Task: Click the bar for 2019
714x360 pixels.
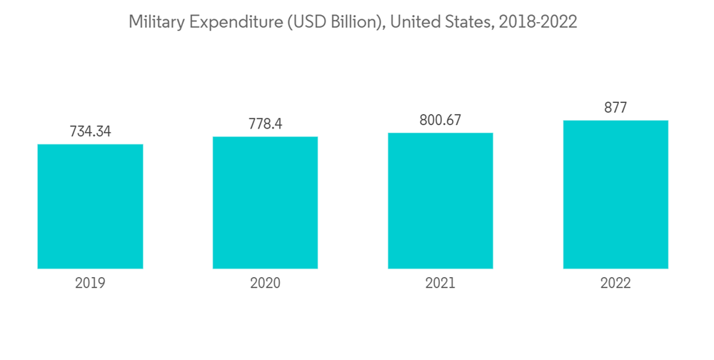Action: click(x=90, y=206)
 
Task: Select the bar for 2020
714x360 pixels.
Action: click(x=265, y=203)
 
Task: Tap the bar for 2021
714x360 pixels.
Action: click(x=441, y=201)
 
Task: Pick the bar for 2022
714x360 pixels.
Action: click(x=615, y=194)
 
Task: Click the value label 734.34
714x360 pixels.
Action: click(x=90, y=132)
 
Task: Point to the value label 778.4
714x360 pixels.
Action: click(x=265, y=124)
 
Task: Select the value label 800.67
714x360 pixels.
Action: click(x=441, y=120)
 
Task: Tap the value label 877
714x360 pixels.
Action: click(x=615, y=108)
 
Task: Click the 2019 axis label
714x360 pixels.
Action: click(x=90, y=284)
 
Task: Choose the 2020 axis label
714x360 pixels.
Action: click(x=265, y=284)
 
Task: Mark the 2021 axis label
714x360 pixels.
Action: click(x=441, y=284)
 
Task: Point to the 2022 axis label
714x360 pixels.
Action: click(x=615, y=284)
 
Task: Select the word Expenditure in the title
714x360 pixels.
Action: click(x=228, y=22)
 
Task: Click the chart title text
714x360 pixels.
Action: click(x=352, y=22)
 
